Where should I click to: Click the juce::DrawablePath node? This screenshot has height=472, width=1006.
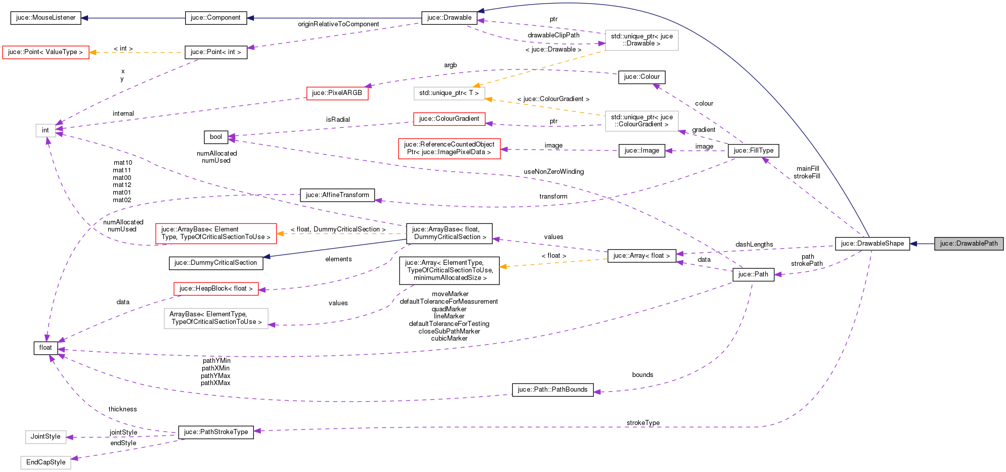(969, 244)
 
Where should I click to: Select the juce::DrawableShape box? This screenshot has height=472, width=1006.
(872, 244)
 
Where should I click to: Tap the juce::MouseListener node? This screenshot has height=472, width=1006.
(46, 18)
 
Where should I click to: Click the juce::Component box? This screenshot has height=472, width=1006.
(215, 18)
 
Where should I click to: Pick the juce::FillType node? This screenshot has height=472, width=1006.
(753, 151)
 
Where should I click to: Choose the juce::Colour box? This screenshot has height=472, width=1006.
(641, 77)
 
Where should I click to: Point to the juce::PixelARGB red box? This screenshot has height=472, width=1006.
(337, 93)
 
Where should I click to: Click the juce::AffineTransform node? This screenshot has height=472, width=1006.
(337, 195)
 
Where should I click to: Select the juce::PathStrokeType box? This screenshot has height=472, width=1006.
(216, 432)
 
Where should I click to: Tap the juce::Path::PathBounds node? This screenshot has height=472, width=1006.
(552, 390)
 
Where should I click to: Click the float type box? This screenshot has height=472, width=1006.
(46, 348)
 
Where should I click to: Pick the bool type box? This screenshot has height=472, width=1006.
(216, 137)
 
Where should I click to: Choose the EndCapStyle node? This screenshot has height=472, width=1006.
(46, 462)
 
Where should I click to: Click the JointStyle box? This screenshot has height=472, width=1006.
(46, 437)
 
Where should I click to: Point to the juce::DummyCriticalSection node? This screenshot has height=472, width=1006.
(215, 263)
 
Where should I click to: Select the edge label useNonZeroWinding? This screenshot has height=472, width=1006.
(553, 172)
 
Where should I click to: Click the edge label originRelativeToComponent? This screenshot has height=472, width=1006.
(338, 24)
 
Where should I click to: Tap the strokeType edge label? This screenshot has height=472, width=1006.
(643, 423)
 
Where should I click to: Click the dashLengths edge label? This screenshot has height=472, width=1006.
(754, 245)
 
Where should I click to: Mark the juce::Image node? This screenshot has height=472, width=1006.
(641, 151)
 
